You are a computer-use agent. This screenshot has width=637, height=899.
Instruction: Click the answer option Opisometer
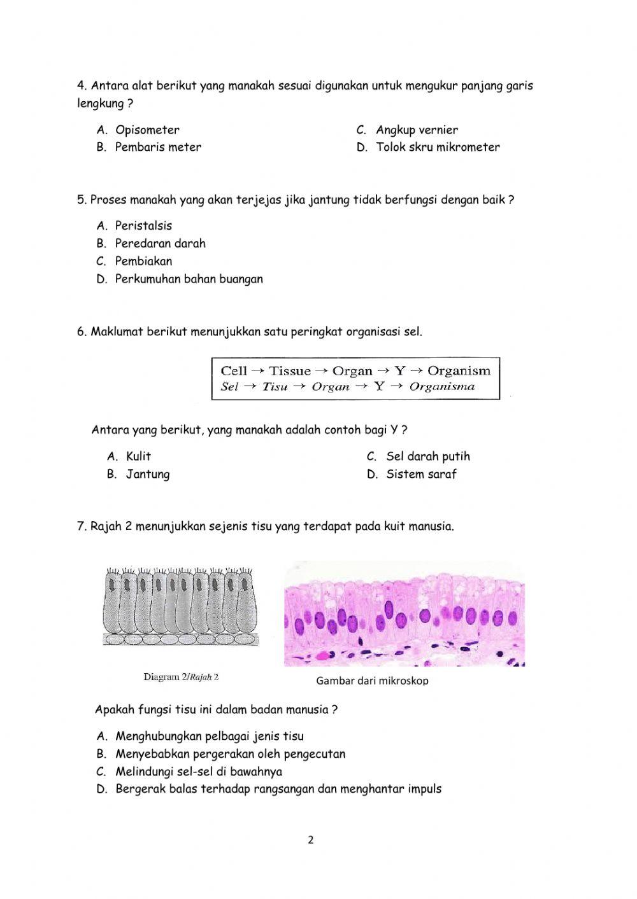(x=147, y=130)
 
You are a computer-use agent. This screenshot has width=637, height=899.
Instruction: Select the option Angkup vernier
(x=417, y=130)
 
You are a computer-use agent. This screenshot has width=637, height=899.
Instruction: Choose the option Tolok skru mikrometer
(x=438, y=147)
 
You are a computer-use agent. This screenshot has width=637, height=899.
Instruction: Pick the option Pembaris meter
(x=158, y=147)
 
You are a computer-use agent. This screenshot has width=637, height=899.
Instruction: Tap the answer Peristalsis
(x=143, y=226)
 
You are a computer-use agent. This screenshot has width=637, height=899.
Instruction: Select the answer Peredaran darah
(x=160, y=244)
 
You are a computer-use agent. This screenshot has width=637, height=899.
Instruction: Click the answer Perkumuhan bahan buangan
(x=189, y=279)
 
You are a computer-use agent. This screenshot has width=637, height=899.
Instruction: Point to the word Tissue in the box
(x=290, y=371)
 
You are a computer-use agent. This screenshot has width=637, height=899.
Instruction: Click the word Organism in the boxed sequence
(x=459, y=371)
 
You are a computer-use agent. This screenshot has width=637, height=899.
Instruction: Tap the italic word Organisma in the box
(x=441, y=386)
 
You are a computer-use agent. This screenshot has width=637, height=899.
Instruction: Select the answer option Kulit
(x=138, y=456)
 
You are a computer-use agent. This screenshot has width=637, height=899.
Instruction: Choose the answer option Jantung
(x=148, y=474)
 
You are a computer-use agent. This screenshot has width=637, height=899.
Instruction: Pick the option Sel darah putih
(x=427, y=456)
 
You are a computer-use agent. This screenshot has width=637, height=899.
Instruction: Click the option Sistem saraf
(x=421, y=474)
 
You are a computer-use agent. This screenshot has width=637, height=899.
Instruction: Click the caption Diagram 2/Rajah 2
(x=181, y=677)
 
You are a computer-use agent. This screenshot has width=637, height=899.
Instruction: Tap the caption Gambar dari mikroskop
(x=372, y=681)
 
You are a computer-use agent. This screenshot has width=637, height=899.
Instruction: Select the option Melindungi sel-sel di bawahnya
(x=198, y=772)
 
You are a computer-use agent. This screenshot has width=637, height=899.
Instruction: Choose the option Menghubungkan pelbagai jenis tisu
(x=209, y=737)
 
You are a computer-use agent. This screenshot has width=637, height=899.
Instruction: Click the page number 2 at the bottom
(x=311, y=840)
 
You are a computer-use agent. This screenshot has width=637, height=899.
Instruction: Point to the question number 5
(x=82, y=200)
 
